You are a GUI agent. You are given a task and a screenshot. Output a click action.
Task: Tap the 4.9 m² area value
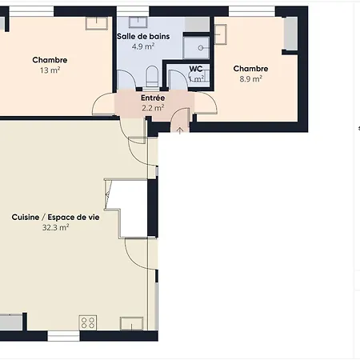click(143, 46)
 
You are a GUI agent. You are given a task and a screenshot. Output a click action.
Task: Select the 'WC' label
click(196, 69)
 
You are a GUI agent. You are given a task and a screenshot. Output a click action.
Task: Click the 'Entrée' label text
click(153, 98)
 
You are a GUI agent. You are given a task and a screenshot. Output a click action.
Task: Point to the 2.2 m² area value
click(153, 108)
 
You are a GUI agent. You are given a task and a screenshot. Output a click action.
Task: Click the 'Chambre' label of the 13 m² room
click(50, 60)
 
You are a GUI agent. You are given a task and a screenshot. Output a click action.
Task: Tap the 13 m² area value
click(50, 70)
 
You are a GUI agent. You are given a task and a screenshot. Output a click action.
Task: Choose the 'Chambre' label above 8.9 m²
click(250, 69)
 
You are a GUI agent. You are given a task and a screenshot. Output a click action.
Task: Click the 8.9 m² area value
click(250, 79)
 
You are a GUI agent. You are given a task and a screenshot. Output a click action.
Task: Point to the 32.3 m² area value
click(55, 227)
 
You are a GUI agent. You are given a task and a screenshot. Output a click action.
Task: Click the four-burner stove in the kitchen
click(88, 322)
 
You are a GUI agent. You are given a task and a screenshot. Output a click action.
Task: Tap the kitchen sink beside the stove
click(130, 323)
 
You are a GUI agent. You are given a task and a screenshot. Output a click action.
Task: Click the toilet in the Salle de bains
click(151, 76)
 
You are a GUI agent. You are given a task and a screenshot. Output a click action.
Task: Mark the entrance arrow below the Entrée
click(179, 128)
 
